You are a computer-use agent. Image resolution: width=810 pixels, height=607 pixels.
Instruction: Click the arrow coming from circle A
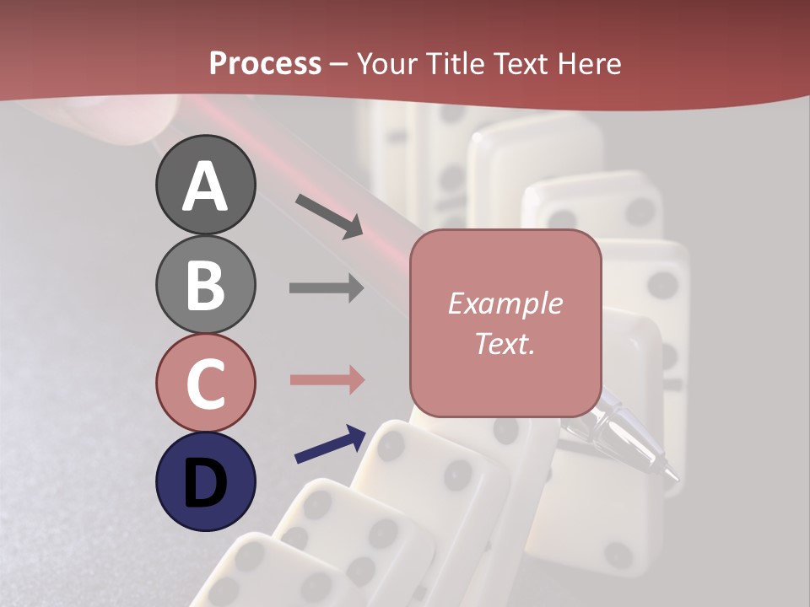(x=329, y=216)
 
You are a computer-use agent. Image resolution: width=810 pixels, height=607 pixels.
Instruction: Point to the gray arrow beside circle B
(x=327, y=288)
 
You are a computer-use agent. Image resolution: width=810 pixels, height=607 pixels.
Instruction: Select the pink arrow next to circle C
(x=327, y=379)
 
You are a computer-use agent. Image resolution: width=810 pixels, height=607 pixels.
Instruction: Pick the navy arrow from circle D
(x=330, y=443)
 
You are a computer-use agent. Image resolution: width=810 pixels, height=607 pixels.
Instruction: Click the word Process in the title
(x=265, y=63)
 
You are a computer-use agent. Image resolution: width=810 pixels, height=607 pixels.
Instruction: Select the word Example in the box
(x=505, y=303)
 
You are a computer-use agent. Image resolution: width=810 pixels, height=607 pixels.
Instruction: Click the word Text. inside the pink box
(x=505, y=343)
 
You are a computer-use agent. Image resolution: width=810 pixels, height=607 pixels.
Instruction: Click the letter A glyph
(x=206, y=186)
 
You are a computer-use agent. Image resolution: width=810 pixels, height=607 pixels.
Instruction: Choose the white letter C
(x=206, y=384)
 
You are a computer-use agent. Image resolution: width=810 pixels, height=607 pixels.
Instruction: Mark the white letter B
(x=206, y=285)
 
